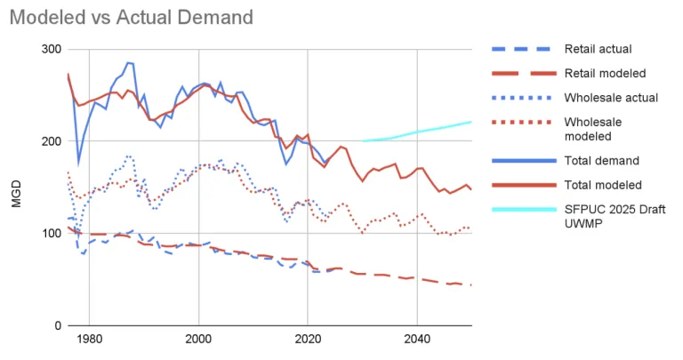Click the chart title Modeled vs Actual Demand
click(132, 17)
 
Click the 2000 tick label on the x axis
click(198, 340)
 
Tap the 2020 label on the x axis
click(308, 340)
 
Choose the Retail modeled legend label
click(606, 73)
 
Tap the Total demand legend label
click(601, 161)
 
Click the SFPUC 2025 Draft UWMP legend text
click(615, 217)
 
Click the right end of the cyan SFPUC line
click(471, 122)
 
